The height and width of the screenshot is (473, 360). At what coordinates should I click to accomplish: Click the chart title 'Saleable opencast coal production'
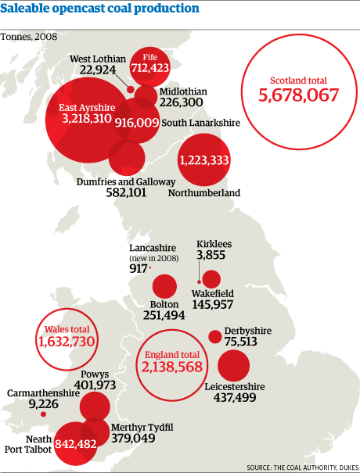click(x=99, y=9)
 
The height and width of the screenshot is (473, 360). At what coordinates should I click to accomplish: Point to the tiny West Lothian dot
click(x=130, y=88)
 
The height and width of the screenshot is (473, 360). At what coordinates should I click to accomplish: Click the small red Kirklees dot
click(x=200, y=281)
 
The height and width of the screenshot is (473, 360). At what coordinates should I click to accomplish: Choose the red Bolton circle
click(x=164, y=287)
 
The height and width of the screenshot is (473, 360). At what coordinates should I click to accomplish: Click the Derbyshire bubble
click(x=214, y=337)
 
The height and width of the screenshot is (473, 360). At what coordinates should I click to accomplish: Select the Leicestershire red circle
click(x=234, y=365)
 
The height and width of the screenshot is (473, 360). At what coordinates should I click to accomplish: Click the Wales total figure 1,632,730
click(x=66, y=342)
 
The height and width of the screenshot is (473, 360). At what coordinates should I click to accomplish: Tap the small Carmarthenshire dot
click(x=43, y=414)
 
